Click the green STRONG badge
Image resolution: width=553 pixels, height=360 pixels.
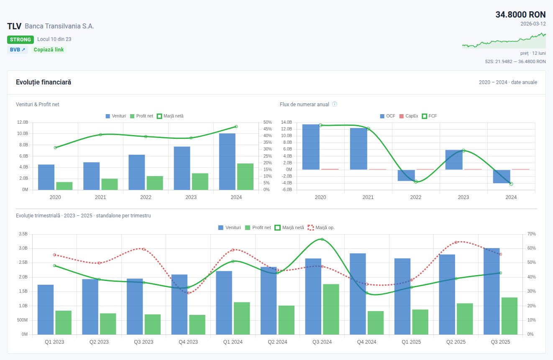click(20, 40)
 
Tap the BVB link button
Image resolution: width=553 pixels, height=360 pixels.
click(18, 50)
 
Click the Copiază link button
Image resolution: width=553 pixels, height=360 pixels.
click(49, 50)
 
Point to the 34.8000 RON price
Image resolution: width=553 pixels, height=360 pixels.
click(520, 15)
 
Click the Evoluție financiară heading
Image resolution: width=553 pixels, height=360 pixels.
click(44, 82)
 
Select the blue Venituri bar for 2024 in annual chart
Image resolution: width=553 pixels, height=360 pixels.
click(227, 161)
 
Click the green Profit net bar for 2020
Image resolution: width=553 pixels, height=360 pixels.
click(64, 186)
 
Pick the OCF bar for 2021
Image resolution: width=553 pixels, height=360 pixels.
click(358, 149)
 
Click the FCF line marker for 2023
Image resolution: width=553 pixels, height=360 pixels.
click(463, 151)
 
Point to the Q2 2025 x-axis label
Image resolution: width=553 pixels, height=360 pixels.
click(456, 342)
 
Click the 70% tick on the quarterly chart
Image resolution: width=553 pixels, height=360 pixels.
click(531, 234)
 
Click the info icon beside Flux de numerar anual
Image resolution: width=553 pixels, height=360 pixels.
click(335, 104)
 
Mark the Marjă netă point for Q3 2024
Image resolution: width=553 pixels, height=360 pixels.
click(322, 239)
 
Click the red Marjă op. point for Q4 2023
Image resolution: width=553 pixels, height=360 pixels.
click(189, 293)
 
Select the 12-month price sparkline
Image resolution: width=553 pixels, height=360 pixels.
click(504, 41)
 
